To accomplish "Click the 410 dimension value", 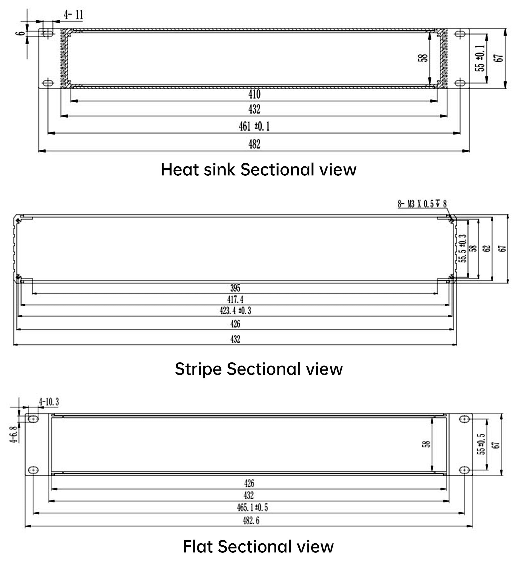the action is click(254, 94).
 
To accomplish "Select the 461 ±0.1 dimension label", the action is click(254, 126).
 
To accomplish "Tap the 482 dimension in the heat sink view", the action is click(254, 144).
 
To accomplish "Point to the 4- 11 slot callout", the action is click(74, 14).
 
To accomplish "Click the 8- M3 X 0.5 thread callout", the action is click(422, 204).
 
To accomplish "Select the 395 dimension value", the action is click(235, 288).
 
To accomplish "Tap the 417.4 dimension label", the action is click(235, 300).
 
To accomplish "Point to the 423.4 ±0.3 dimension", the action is click(235, 311).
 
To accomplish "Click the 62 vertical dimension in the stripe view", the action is click(487, 248).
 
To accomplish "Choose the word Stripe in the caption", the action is click(198, 369).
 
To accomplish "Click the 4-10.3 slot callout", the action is click(49, 402).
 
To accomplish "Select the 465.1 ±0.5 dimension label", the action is click(252, 507).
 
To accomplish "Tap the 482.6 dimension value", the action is click(251, 521).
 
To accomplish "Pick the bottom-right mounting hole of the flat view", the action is click(464, 470).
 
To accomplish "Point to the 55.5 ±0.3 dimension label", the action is click(463, 248).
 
